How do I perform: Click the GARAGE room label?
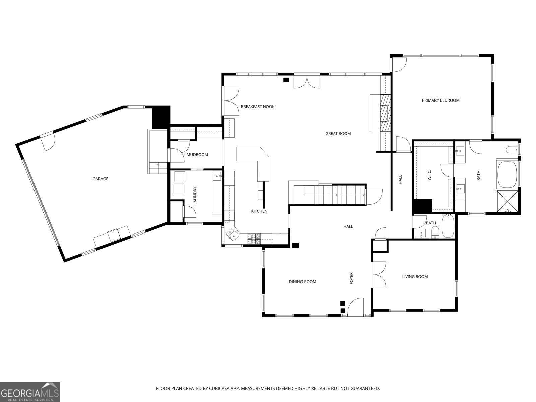point(100,179)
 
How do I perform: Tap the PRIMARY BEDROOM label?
point(441,100)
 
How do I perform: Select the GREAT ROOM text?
point(338,134)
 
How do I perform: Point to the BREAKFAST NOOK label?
point(257,107)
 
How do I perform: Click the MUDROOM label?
point(197,155)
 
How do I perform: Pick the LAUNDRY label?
point(195,195)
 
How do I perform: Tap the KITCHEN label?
point(259,211)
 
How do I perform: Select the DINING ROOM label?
point(302,282)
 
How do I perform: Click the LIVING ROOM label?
point(415,277)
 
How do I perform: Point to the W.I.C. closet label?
point(429,175)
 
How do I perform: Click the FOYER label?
point(352,278)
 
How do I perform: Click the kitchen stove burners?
point(254,239)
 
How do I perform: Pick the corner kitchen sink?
point(231,234)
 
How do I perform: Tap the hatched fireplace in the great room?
point(385,113)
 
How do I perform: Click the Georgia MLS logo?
point(30,392)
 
